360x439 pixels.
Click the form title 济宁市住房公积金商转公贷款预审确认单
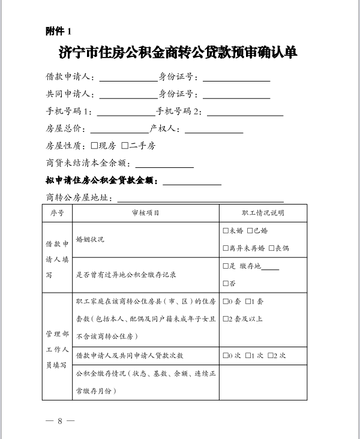tap(179, 52)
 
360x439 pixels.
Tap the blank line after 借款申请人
tap(128, 79)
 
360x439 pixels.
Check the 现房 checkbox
tap(94, 146)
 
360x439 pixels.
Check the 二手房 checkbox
tap(125, 146)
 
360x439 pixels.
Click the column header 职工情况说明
tap(263, 213)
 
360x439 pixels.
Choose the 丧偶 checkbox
tap(271, 248)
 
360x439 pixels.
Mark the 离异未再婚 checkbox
tap(225, 248)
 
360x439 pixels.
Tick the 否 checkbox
tap(225, 284)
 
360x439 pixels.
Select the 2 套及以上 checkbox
tap(225, 318)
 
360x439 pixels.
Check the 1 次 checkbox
tap(248, 356)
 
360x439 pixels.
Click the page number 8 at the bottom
tap(60, 420)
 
